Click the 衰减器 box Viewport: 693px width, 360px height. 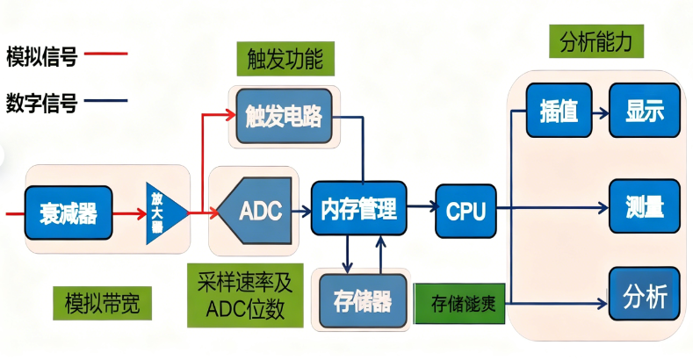click(69, 212)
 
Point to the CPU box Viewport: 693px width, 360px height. click(466, 211)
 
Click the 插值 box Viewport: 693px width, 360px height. click(559, 111)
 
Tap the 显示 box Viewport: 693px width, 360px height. click(644, 111)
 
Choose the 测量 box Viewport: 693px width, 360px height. click(644, 208)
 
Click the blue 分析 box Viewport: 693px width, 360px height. click(644, 297)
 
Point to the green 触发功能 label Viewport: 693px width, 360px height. click(279, 59)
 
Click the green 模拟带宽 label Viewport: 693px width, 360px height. click(102, 304)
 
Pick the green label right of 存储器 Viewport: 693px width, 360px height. click(458, 303)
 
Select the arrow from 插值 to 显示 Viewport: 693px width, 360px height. click(600, 112)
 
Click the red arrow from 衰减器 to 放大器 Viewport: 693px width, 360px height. click(129, 212)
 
